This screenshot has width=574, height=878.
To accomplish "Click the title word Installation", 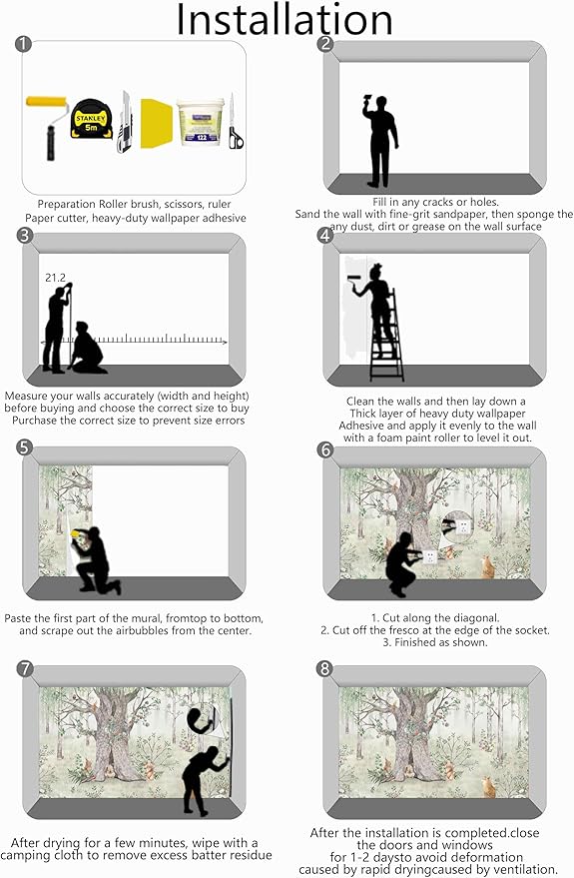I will (x=286, y=20).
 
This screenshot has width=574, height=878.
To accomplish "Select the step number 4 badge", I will (x=325, y=236).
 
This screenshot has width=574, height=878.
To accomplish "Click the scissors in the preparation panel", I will (x=235, y=125).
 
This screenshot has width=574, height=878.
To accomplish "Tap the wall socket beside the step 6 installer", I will (x=431, y=556).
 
